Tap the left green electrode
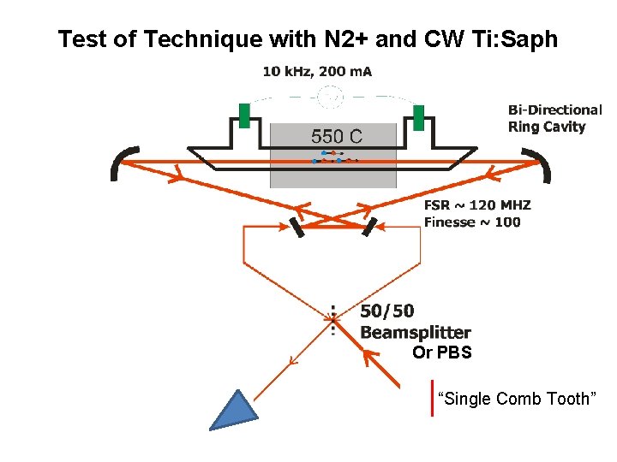click(244, 115)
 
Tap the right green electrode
click(418, 117)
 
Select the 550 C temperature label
click(336, 137)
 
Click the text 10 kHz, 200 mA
click(317, 72)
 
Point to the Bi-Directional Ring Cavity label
click(554, 118)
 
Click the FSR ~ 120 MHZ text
click(477, 205)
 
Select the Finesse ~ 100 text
click(471, 222)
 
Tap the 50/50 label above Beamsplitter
click(386, 312)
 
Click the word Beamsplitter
click(416, 332)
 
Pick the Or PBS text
click(441, 352)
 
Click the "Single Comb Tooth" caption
click(515, 399)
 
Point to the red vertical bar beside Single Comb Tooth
click(433, 398)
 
